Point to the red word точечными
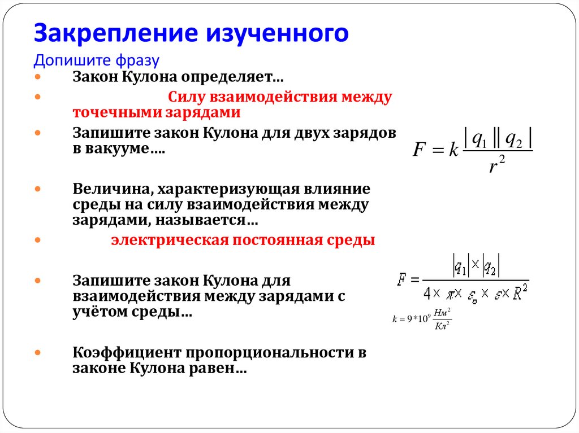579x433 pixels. pos(116,112)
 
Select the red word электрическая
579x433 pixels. pos(167,240)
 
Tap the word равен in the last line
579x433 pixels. pos(219,369)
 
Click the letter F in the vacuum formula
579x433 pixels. pos(419,150)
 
